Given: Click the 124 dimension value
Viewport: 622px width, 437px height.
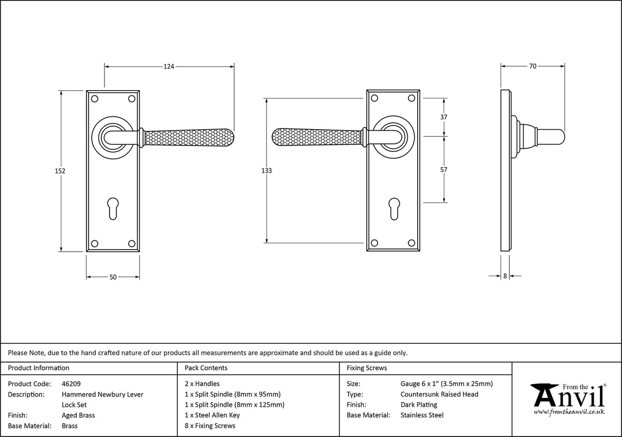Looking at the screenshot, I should pos(169,66).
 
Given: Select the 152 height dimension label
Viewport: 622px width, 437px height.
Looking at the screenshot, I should pos(60,171).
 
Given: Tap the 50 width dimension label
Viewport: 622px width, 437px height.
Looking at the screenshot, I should pos(113,277).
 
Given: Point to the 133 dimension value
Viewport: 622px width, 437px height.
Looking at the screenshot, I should pos(266,171).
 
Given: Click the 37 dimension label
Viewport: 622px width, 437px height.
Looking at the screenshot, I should pos(444,117).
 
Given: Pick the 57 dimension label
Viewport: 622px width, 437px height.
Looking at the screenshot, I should pos(444,170).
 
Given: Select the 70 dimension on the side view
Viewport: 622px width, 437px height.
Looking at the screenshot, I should pos(532,66).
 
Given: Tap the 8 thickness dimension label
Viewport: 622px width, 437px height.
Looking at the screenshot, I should pos(505,276).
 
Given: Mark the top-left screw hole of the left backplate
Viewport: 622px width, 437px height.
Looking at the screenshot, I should pos(94,98).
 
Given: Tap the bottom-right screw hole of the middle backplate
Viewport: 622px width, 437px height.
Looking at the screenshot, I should pos(411,243).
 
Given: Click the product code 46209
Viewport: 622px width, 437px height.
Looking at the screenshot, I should pos(71,384).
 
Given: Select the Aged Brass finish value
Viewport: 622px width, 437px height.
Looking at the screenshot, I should pos(78,415).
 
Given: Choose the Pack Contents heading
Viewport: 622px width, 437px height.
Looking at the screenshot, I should pos(205,368).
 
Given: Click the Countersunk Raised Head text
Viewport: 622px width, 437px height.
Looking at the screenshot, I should pos(439,394).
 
